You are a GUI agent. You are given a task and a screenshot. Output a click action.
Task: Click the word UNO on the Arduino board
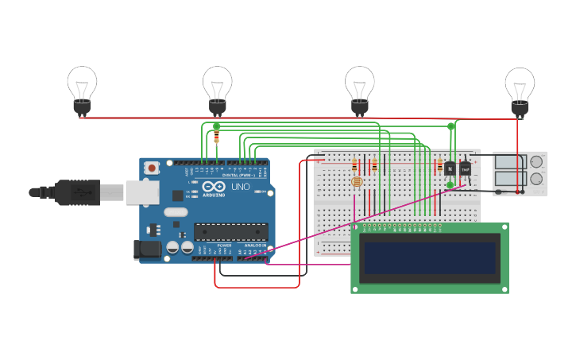click(239, 187)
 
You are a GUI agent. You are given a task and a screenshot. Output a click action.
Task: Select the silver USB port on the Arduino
click(142, 192)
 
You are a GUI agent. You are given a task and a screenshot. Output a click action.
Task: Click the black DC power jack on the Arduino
click(148, 250)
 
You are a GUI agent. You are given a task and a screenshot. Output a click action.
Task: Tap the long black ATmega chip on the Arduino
click(230, 231)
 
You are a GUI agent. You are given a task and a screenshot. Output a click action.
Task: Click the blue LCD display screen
click(430, 258)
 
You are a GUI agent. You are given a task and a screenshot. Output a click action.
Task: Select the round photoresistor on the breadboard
click(357, 182)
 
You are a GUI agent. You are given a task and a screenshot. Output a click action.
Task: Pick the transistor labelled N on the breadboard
click(450, 168)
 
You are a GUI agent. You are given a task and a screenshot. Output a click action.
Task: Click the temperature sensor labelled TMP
click(466, 168)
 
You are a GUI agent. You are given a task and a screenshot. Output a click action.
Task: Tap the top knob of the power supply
click(536, 161)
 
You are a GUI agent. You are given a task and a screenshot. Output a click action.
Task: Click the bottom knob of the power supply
click(536, 179)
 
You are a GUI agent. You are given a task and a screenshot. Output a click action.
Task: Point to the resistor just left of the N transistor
click(439, 165)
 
